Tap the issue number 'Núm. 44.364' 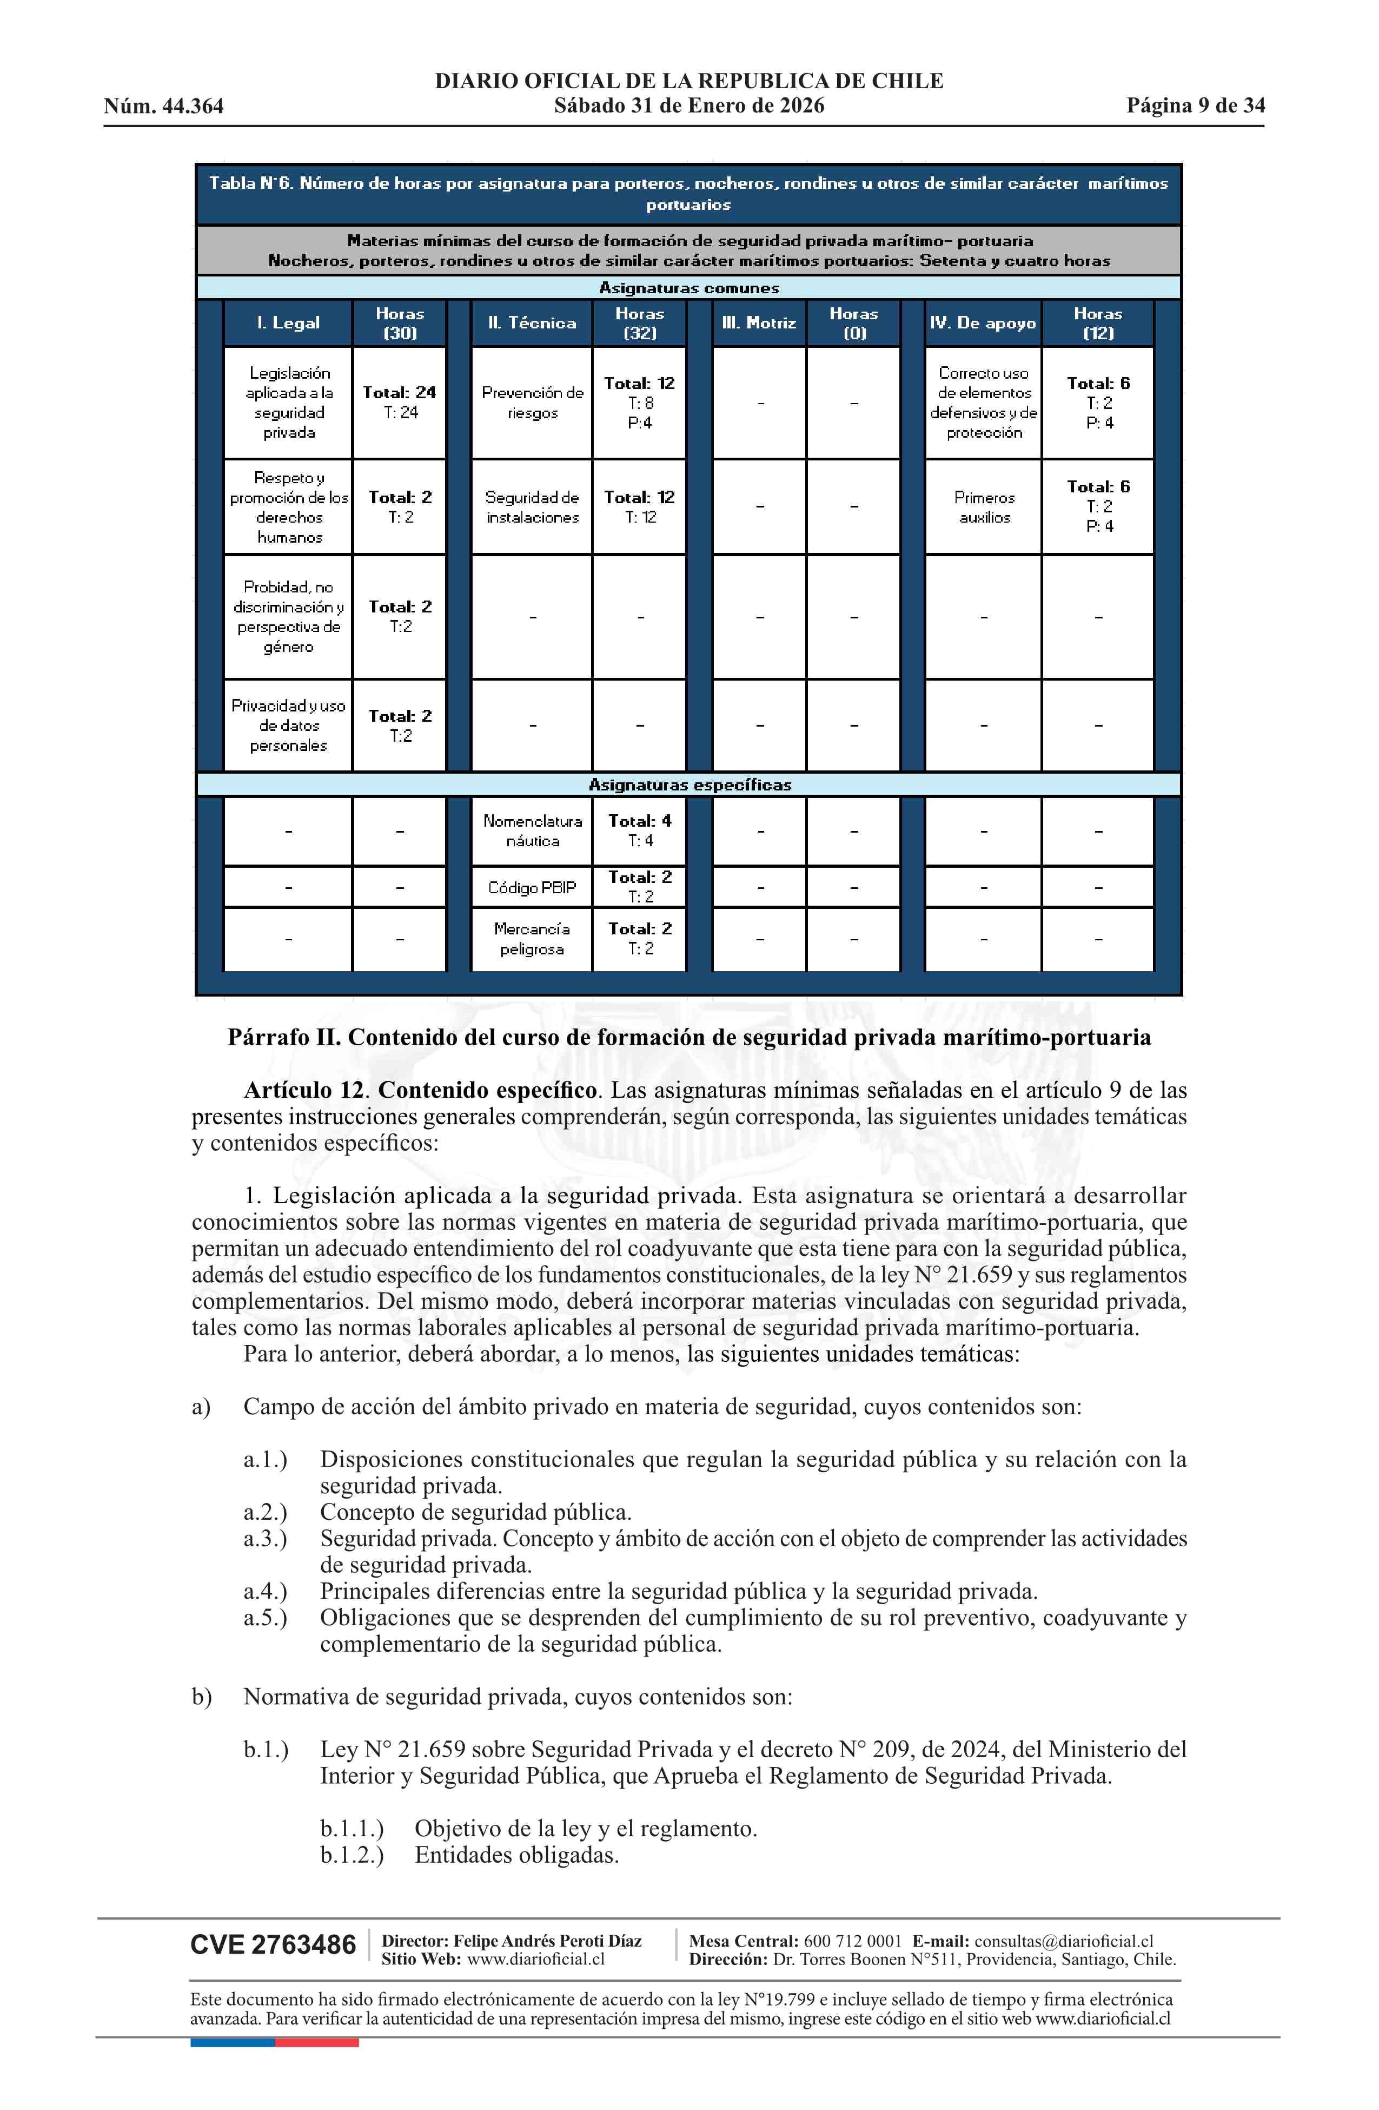point(164,107)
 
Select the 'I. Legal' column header point(288,322)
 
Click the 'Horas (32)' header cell point(639,322)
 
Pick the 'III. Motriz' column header point(759,322)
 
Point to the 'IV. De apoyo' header point(982,322)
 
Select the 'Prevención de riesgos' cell point(532,403)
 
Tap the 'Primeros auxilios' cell point(984,507)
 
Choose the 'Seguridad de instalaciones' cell point(532,507)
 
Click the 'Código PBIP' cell point(532,887)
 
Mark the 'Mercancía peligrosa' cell point(532,939)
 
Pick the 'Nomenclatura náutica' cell point(532,830)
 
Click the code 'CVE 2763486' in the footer point(273,1945)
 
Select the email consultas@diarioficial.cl point(1064,1941)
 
